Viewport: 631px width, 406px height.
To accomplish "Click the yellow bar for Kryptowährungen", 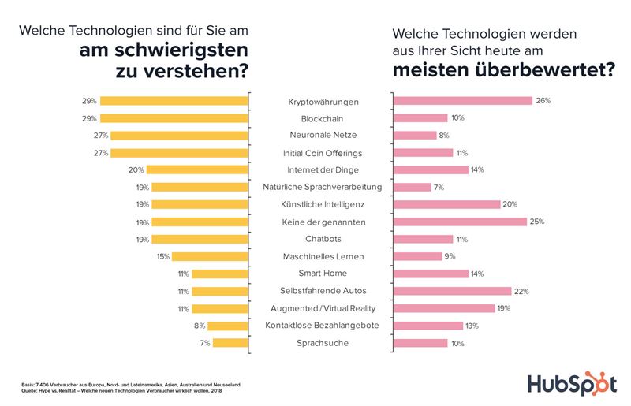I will click(174, 101).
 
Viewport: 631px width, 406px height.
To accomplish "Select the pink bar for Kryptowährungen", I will click(462, 101).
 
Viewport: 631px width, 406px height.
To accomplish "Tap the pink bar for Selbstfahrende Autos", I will click(452, 291).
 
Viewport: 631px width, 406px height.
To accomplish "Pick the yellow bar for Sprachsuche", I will click(230, 342).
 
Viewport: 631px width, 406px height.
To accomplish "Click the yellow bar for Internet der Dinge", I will click(196, 169).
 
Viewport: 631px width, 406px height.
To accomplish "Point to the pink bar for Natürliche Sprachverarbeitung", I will click(411, 187).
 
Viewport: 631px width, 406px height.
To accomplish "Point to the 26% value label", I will click(543, 101).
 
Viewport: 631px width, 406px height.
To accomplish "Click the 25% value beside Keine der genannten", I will click(537, 222).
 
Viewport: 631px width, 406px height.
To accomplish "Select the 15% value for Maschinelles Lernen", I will click(163, 256).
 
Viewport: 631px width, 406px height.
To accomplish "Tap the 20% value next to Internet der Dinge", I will click(135, 169).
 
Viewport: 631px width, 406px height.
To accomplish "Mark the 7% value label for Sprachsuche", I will click(204, 342).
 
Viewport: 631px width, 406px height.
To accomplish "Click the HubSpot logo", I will click(573, 384).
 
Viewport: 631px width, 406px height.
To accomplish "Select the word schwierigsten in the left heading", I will click(164, 52).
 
